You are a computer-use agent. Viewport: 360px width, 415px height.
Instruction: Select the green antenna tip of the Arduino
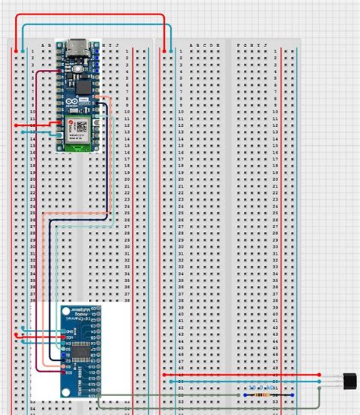(x=78, y=147)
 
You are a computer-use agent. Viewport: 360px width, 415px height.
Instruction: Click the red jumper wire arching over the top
(x=91, y=15)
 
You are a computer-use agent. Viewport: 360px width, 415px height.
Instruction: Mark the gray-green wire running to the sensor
(x=190, y=395)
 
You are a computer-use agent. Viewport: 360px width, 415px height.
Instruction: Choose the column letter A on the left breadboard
(x=44, y=45)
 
